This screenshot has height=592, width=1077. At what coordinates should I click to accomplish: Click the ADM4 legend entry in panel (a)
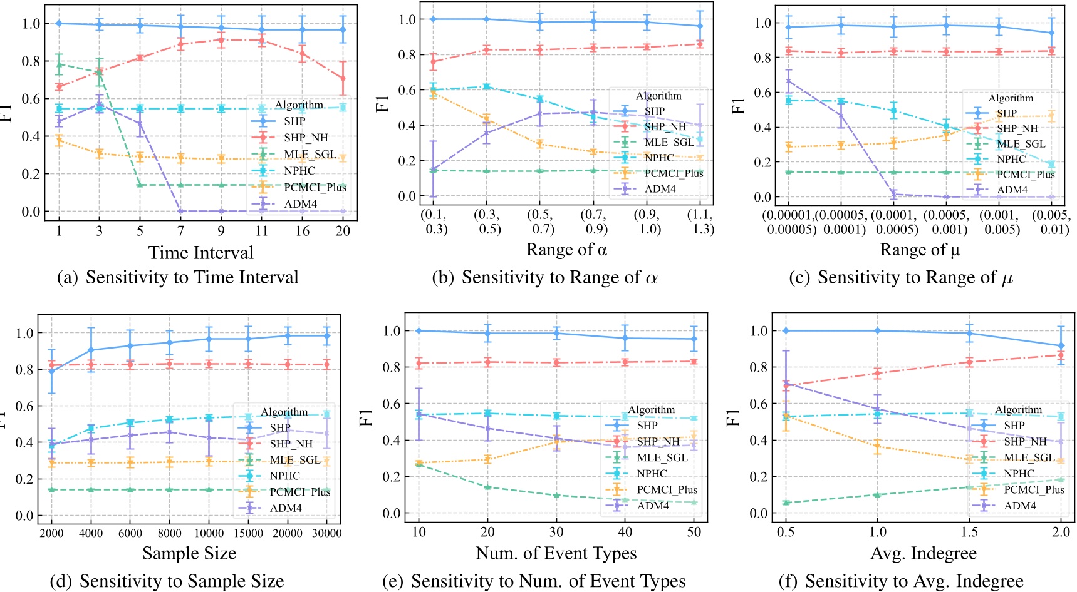[300, 204]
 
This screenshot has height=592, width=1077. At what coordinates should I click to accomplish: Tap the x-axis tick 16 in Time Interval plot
[303, 231]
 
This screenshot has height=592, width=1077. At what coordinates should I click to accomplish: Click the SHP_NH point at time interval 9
[221, 40]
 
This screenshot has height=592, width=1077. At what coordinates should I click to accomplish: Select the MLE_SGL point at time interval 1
[59, 64]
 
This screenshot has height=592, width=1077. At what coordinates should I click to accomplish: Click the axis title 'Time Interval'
[201, 253]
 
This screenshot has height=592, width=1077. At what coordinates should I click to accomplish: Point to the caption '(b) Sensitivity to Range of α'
[544, 277]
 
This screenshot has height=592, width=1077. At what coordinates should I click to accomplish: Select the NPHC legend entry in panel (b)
[659, 158]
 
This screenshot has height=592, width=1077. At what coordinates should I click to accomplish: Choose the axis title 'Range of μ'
[920, 250]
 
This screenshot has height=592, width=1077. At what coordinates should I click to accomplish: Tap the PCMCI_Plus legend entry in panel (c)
[1026, 175]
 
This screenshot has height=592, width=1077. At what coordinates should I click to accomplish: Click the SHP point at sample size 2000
[52, 371]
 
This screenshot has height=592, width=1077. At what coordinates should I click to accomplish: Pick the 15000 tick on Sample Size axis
[248, 533]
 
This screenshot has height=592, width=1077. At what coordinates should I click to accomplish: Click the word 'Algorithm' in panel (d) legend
[284, 412]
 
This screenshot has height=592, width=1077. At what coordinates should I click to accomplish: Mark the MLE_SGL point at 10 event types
[419, 464]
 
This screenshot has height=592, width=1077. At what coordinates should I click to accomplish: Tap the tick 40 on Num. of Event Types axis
[625, 532]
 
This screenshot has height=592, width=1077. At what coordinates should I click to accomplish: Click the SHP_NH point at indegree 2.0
[1061, 355]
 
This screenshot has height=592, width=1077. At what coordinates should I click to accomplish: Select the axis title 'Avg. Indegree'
[924, 553]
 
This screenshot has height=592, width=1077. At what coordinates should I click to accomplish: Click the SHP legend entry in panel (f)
[1014, 426]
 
